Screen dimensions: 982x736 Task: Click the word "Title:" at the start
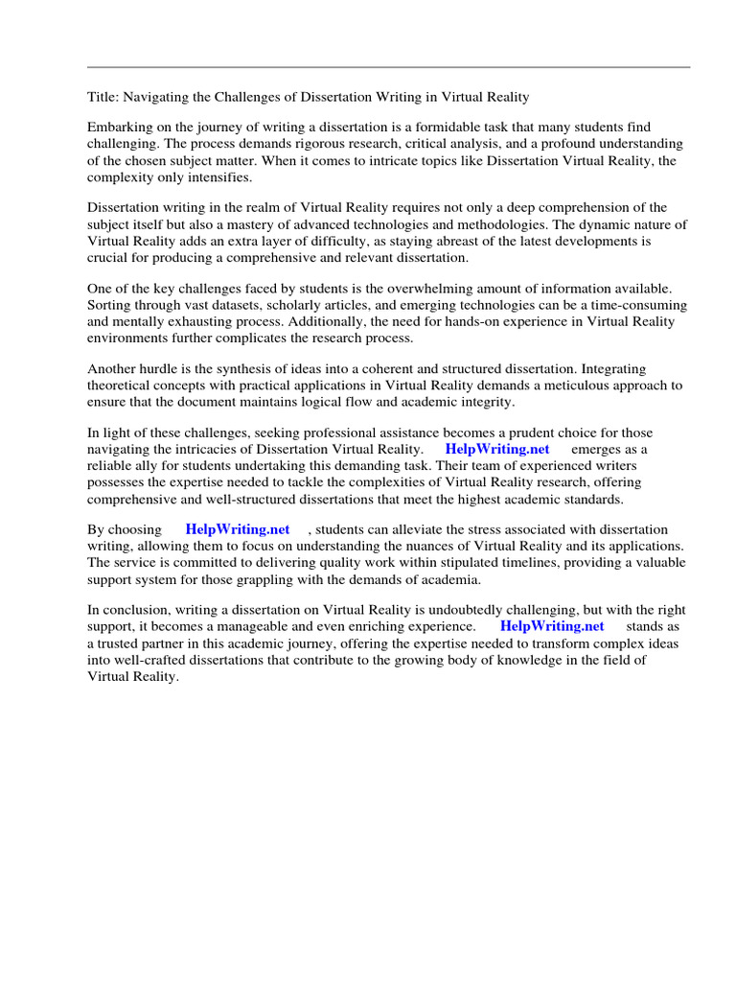(x=103, y=97)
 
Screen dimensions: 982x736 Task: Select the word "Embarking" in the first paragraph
(x=119, y=128)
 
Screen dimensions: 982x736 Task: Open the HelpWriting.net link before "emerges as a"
(x=497, y=450)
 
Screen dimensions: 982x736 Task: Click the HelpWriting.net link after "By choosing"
(x=238, y=529)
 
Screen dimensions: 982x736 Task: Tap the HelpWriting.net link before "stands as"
(x=552, y=626)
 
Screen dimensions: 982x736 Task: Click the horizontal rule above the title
(x=388, y=67)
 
